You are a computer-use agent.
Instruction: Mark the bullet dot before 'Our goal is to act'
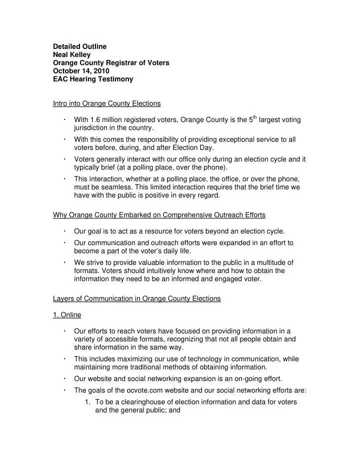(65, 231)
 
